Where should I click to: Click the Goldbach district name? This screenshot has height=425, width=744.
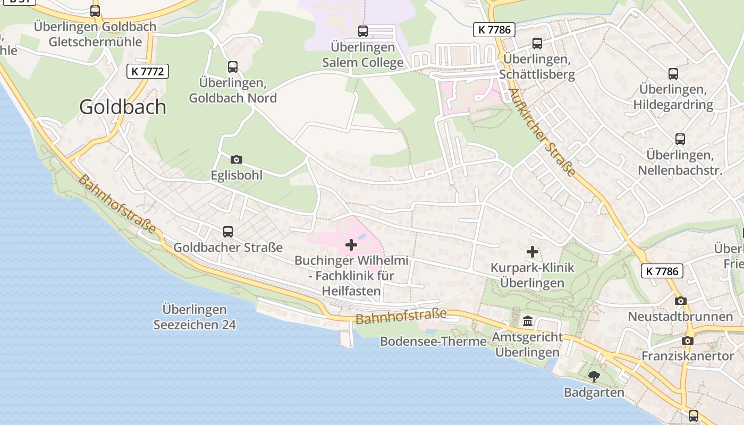123,107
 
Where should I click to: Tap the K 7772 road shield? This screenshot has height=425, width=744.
148,71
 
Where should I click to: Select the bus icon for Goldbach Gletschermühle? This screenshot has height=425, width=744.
95,11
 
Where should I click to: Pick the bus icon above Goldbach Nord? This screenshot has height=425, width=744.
233,67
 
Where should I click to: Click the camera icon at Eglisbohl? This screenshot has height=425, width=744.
236,159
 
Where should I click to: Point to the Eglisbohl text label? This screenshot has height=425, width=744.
236,175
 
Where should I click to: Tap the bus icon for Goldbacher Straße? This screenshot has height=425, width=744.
228,232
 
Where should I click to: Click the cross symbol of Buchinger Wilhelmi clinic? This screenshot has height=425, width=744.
351,245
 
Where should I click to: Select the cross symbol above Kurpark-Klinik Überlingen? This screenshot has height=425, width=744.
532,252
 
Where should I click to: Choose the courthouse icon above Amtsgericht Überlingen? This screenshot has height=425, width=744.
528,321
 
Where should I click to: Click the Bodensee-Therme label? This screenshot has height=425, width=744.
433,342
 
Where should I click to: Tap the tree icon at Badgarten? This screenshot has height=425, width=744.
594,377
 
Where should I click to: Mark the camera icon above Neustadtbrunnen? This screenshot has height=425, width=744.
680,301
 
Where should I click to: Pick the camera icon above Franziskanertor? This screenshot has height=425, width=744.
688,341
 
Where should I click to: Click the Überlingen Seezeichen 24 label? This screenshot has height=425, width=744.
195,317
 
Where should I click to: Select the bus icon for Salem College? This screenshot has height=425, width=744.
363,31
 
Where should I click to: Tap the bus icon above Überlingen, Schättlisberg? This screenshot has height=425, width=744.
537,44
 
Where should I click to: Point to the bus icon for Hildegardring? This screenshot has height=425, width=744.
673,74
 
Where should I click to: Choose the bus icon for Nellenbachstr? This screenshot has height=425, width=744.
680,139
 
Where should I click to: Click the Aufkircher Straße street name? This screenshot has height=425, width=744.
542,132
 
